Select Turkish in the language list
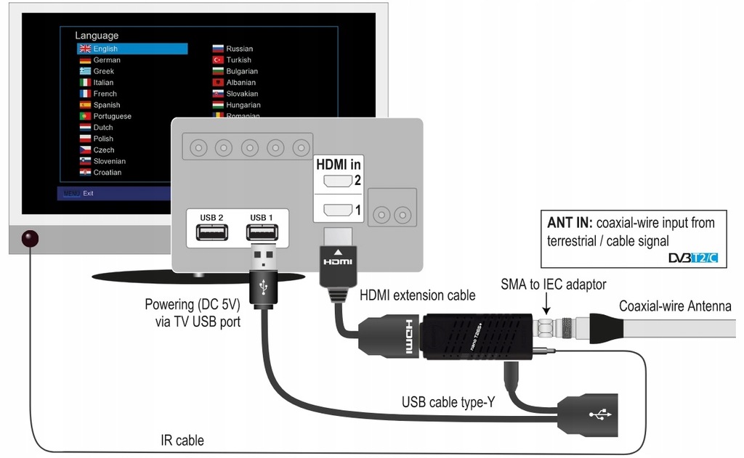238,60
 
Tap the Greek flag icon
85,71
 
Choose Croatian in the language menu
107,173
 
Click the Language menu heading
97,35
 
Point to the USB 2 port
211,232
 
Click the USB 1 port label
262,218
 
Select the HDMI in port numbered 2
336,181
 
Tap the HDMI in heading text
338,165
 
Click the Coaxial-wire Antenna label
674,306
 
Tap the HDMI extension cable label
418,295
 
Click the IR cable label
182,440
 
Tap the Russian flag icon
217,49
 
